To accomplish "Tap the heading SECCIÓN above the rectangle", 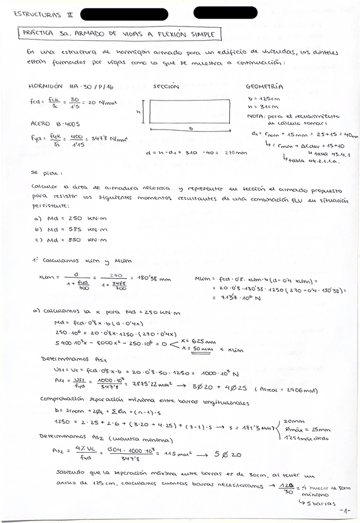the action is pos(166,86).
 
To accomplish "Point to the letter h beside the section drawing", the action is pos(139,112).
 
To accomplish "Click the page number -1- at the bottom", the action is pos(345,511).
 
